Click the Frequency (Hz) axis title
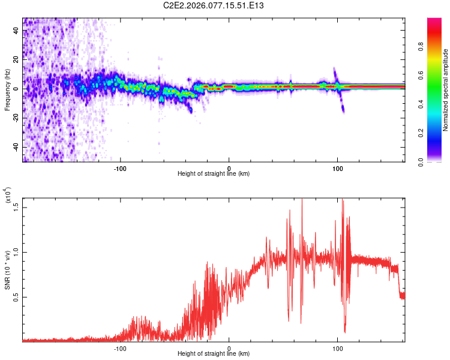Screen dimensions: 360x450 click(8, 90)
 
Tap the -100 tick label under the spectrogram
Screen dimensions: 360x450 click(120, 167)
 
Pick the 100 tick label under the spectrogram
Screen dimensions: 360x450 click(338, 167)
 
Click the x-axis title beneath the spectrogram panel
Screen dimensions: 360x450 click(214, 174)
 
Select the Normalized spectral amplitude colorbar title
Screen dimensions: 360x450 click(446, 90)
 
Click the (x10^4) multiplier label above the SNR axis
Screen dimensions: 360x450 click(8, 195)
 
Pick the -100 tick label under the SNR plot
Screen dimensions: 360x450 click(120, 347)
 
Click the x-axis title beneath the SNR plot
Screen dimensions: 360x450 click(214, 354)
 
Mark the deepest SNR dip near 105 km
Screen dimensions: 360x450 click(345, 331)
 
